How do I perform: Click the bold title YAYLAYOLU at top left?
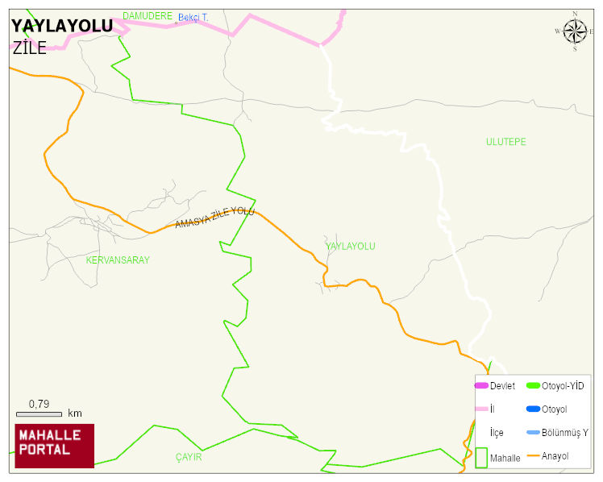coord(62,27)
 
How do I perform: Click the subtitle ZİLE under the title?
coord(30,48)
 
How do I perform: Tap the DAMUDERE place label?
coord(148,15)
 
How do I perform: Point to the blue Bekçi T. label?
coord(193,17)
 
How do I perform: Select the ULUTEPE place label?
coord(505,142)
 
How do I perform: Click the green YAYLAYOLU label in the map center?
coord(351,246)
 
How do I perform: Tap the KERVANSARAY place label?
coord(118,260)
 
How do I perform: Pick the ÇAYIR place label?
coord(189,457)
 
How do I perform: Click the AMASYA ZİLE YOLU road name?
coord(214,218)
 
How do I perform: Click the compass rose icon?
coord(575,31)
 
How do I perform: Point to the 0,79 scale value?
coord(40,403)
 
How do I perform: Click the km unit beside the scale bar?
coord(75,413)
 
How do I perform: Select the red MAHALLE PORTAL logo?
coord(55,446)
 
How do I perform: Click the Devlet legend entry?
coord(502,386)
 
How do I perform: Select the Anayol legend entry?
coord(555,456)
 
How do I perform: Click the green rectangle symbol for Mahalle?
coord(481,457)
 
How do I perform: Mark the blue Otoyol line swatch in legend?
coord(532,409)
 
